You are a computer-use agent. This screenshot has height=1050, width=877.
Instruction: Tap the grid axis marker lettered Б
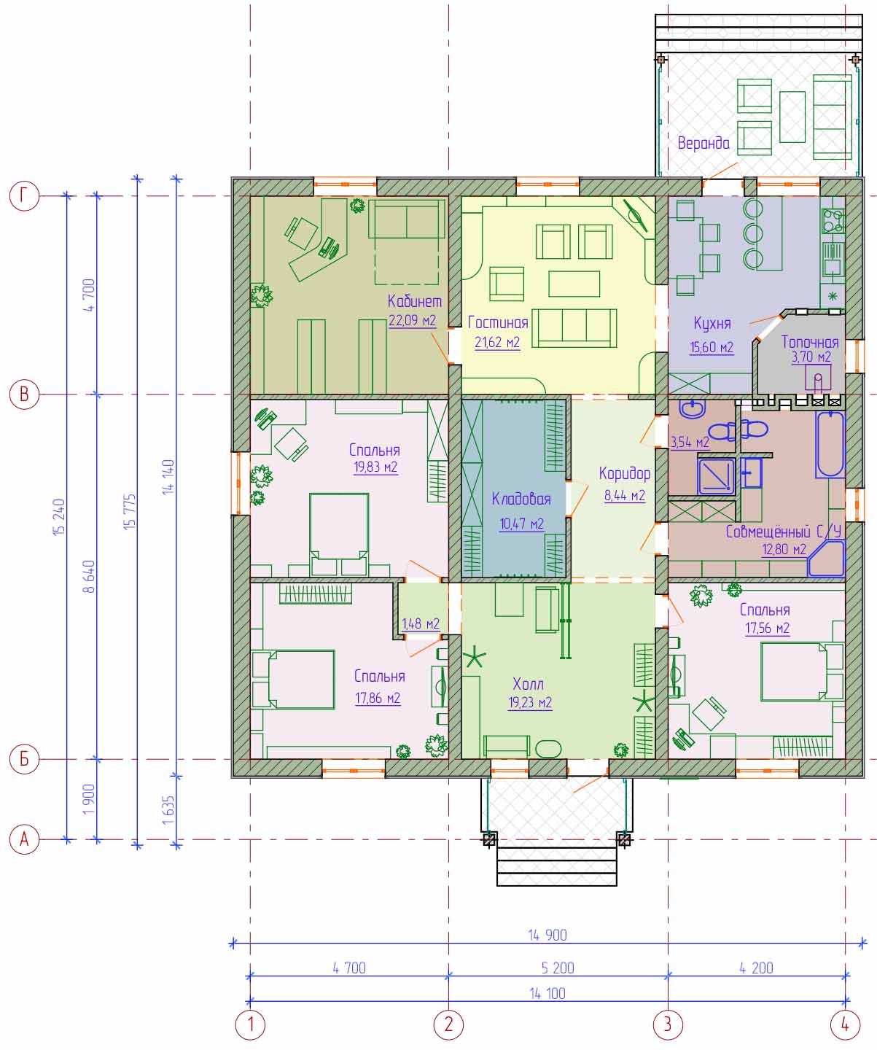pyautogui.click(x=24, y=759)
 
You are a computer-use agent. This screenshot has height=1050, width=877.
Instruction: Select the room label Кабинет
pyautogui.click(x=415, y=301)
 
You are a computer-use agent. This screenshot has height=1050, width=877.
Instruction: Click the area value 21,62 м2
pyautogui.click(x=497, y=343)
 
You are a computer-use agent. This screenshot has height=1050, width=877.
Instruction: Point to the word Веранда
pyautogui.click(x=703, y=144)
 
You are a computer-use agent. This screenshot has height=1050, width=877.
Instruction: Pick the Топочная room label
pyautogui.click(x=810, y=342)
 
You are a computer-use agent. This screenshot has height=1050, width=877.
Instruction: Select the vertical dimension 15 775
pyautogui.click(x=130, y=511)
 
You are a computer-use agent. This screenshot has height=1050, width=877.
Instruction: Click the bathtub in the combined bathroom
pyautogui.click(x=830, y=444)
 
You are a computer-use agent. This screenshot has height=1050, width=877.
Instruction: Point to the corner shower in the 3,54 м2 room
pyautogui.click(x=716, y=475)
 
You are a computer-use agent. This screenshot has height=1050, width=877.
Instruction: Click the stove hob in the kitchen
pyautogui.click(x=833, y=220)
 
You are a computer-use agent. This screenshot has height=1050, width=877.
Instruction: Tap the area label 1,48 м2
pyautogui.click(x=421, y=624)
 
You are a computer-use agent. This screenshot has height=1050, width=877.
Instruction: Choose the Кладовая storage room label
pyautogui.click(x=521, y=499)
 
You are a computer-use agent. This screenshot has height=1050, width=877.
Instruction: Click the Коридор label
pyautogui.click(x=625, y=474)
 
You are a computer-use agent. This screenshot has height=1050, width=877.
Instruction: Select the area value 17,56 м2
pyautogui.click(x=768, y=628)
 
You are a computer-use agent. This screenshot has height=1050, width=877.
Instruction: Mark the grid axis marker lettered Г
pyautogui.click(x=24, y=195)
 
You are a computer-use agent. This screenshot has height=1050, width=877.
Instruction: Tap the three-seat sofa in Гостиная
pyautogui.click(x=574, y=328)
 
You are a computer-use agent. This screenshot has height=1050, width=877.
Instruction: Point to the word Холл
pyautogui.click(x=528, y=684)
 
